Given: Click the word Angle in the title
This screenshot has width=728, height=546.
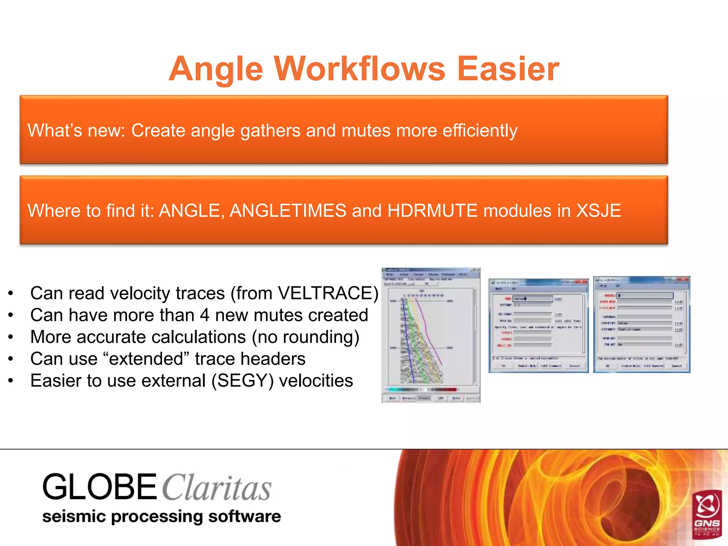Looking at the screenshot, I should pos(216,69).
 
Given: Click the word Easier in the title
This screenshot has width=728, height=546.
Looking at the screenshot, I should pos(508,69).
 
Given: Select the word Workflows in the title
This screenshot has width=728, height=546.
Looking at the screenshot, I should pos(359,69).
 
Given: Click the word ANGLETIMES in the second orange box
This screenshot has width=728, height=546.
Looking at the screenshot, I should pos(288,210).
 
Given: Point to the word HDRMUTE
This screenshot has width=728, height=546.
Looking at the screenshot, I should pos(432,210).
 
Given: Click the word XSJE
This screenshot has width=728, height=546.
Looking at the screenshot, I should pos(598,210).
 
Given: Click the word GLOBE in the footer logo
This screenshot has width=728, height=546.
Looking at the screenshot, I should pos(100,487).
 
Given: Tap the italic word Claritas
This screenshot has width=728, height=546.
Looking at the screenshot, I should pos(217,488).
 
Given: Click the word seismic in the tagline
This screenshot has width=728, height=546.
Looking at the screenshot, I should pos(74,516).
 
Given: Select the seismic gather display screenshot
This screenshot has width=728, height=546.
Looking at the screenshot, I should pos(431,335).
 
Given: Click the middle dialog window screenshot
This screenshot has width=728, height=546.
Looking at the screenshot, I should pos(539,325).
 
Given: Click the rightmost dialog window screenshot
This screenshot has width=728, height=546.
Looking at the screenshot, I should pos(642,324).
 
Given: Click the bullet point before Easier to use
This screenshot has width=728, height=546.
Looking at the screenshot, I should pos(11,381).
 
